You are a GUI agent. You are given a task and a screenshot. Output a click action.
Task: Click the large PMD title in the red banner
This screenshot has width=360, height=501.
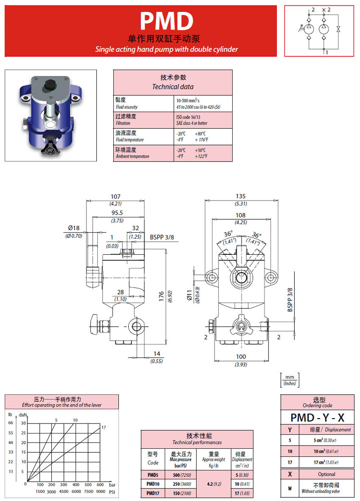tap(166, 21)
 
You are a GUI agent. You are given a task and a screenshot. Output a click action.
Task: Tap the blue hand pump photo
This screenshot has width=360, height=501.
tap(50, 115)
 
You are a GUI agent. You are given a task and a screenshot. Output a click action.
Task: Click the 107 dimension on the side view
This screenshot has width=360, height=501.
tap(115, 197)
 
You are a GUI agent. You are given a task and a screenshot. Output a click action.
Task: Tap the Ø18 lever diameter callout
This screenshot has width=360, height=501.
tap(74, 228)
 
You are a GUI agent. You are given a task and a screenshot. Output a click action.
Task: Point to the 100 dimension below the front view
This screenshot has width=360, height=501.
tap(241, 357)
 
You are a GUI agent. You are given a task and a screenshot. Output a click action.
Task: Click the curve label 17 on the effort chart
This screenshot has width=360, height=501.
tap(103, 427)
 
